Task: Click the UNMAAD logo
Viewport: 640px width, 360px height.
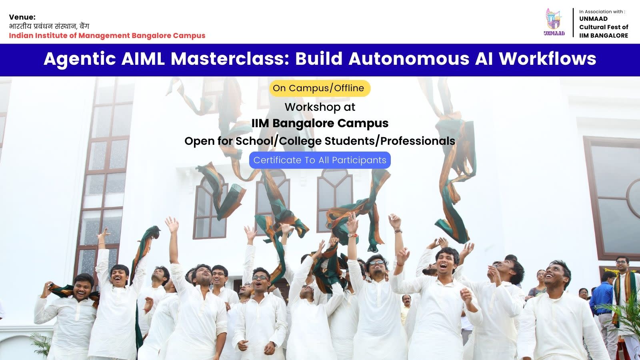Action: pyautogui.click(x=554, y=22)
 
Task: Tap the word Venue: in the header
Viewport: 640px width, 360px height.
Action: pyautogui.click(x=22, y=17)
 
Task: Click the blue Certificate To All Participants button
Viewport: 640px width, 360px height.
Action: pyautogui.click(x=320, y=160)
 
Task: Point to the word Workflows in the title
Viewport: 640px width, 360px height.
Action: pyautogui.click(x=548, y=59)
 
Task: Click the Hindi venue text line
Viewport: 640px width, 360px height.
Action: pyautogui.click(x=49, y=26)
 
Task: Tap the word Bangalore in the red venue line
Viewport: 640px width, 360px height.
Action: pyautogui.click(x=151, y=36)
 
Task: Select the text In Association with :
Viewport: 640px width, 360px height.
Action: pyautogui.click(x=602, y=12)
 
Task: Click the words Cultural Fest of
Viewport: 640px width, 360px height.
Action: pyautogui.click(x=604, y=27)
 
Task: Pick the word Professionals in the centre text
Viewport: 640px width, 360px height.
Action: pyautogui.click(x=418, y=141)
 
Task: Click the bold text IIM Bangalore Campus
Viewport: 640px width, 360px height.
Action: pyautogui.click(x=320, y=124)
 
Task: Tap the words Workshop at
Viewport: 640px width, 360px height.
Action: pyautogui.click(x=320, y=107)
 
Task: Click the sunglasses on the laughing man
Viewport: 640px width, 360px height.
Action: pyautogui.click(x=377, y=262)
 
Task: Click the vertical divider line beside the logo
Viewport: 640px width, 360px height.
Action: pyautogui.click(x=573, y=22)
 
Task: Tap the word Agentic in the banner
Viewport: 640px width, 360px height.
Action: pyautogui.click(x=80, y=59)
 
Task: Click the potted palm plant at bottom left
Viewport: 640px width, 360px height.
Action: pyautogui.click(x=42, y=345)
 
